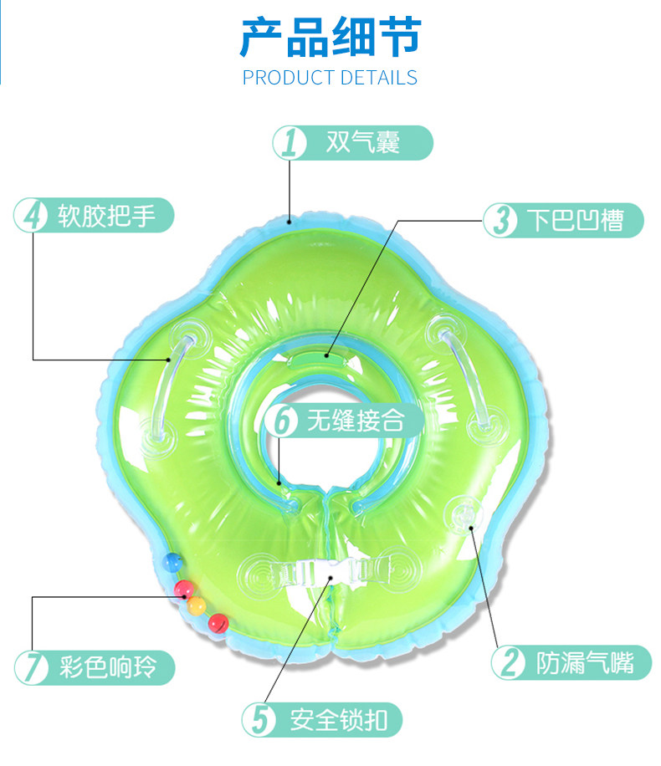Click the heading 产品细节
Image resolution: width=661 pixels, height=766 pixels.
330,37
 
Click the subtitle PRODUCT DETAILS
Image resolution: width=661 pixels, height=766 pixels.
330,79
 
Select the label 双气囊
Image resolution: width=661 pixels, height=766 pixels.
363,143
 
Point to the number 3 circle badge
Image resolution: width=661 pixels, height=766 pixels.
501,221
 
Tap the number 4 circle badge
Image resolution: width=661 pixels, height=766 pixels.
32,216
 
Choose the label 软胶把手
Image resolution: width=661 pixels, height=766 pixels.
106,216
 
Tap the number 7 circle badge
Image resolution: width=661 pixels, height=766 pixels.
32,668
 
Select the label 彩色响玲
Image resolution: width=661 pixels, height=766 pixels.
106,668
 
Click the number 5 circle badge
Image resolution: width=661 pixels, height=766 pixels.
259,720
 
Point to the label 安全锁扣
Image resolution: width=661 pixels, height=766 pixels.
333,720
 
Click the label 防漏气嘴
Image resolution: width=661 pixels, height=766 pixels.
582,663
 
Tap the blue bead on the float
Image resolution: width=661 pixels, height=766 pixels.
172,560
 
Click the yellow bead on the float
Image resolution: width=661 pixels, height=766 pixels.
197,605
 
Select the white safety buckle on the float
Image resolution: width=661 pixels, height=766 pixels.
330,576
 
